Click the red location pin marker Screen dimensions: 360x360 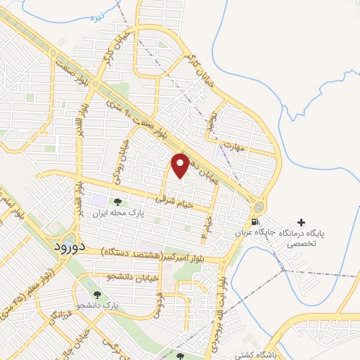[x=181, y=165]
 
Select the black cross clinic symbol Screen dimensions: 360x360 [x=302, y=222]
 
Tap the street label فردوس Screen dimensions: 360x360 [x=160, y=304]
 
